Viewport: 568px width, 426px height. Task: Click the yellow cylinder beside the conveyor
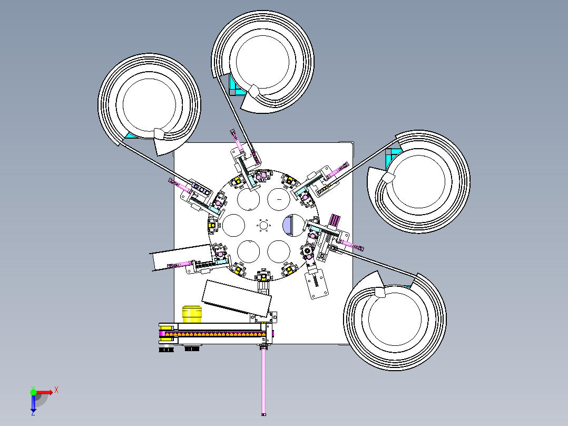[x=192, y=314]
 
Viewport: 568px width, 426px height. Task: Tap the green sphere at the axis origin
[x=33, y=392]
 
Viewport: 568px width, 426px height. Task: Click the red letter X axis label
[x=56, y=390]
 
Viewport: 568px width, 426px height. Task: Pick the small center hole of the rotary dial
[x=263, y=225]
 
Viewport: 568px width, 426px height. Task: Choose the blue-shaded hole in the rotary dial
[x=293, y=225]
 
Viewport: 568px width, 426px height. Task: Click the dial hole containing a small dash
[x=279, y=199]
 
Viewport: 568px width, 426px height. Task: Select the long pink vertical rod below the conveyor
[x=263, y=381]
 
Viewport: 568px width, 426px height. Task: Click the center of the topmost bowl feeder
[x=262, y=62]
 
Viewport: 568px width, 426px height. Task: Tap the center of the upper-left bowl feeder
[x=149, y=104]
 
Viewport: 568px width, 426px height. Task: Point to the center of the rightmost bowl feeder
[x=419, y=182]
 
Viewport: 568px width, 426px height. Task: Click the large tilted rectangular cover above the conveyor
[x=237, y=298]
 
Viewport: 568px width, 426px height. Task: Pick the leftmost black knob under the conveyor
[x=166, y=350]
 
